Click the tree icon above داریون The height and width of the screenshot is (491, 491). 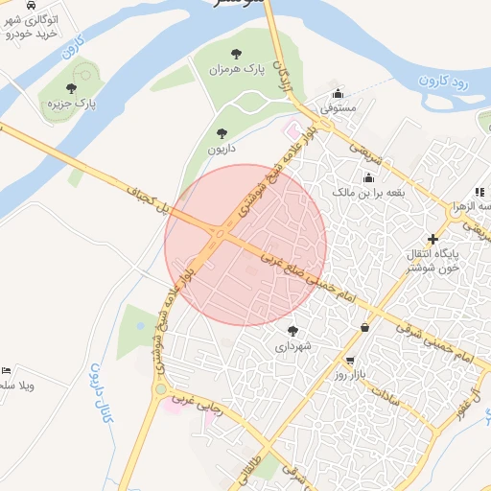click(222, 133)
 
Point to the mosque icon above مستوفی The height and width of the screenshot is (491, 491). click(338, 94)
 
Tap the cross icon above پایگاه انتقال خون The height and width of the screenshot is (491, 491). click(433, 239)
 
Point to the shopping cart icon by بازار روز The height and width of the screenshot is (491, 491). click(350, 362)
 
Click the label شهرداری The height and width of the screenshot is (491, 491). click(292, 346)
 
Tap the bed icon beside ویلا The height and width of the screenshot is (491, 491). click(8, 369)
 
